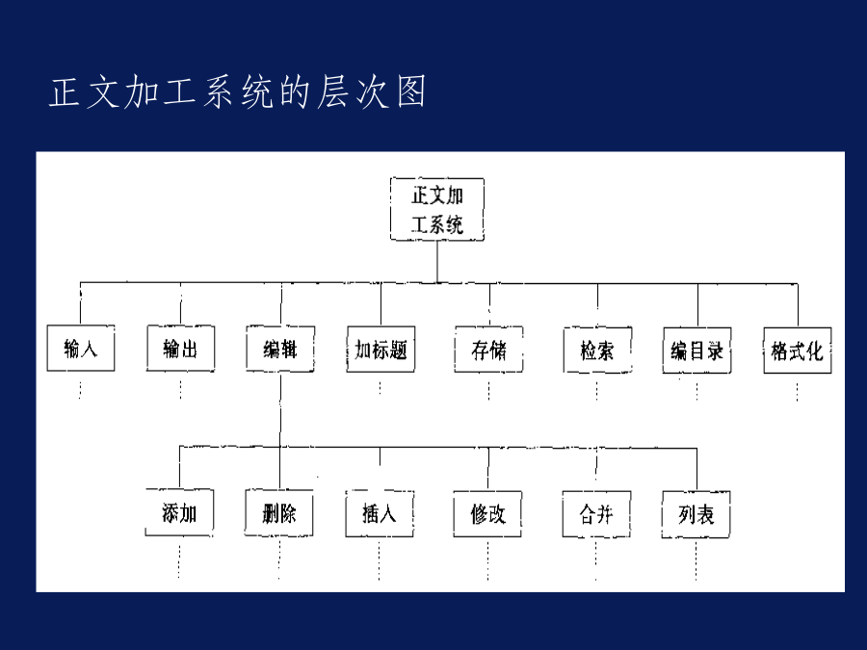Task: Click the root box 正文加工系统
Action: coord(437,209)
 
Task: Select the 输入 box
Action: coord(81,349)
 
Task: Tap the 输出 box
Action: coord(181,349)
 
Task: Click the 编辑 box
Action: coord(280,350)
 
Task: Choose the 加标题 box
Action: coord(381,350)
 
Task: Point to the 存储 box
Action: coord(488,350)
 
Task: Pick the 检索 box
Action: coord(597,351)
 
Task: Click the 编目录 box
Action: coord(697,351)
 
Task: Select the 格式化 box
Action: coord(798,351)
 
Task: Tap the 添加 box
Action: coord(179,513)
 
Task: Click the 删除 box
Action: coord(279,513)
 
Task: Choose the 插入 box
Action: coord(380,514)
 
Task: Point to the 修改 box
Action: coord(487,514)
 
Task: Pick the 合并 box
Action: coord(596,514)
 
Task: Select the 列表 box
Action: coord(696,515)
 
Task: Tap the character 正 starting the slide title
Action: coord(65,91)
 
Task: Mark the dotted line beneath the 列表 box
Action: coord(696,559)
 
